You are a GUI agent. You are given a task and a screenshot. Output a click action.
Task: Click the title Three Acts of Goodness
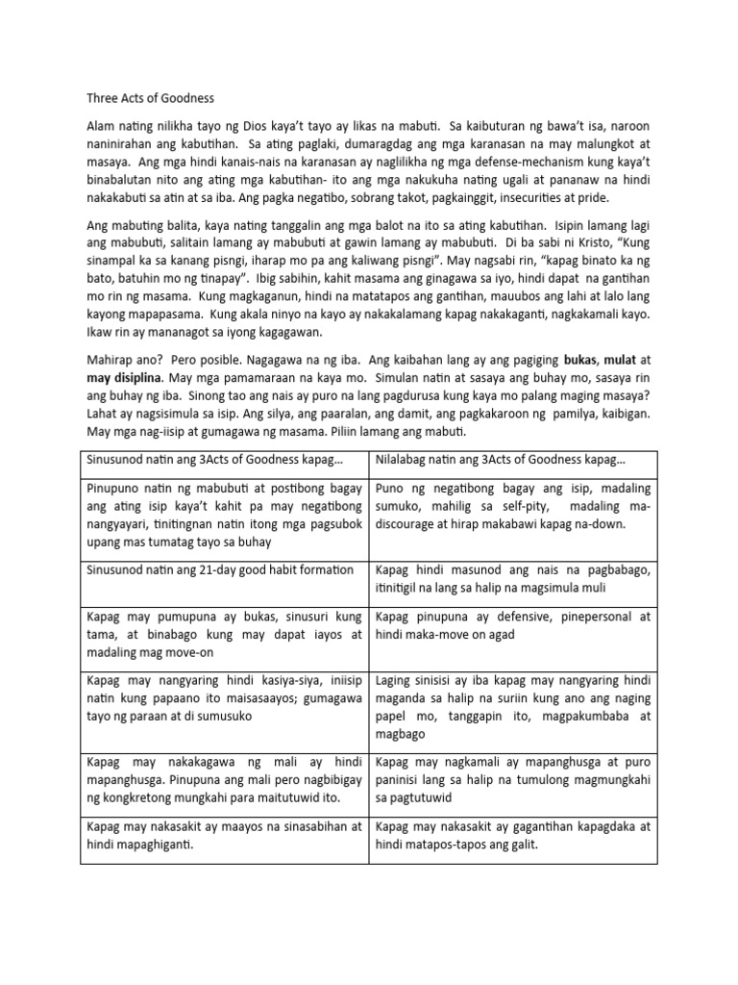[151, 98]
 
